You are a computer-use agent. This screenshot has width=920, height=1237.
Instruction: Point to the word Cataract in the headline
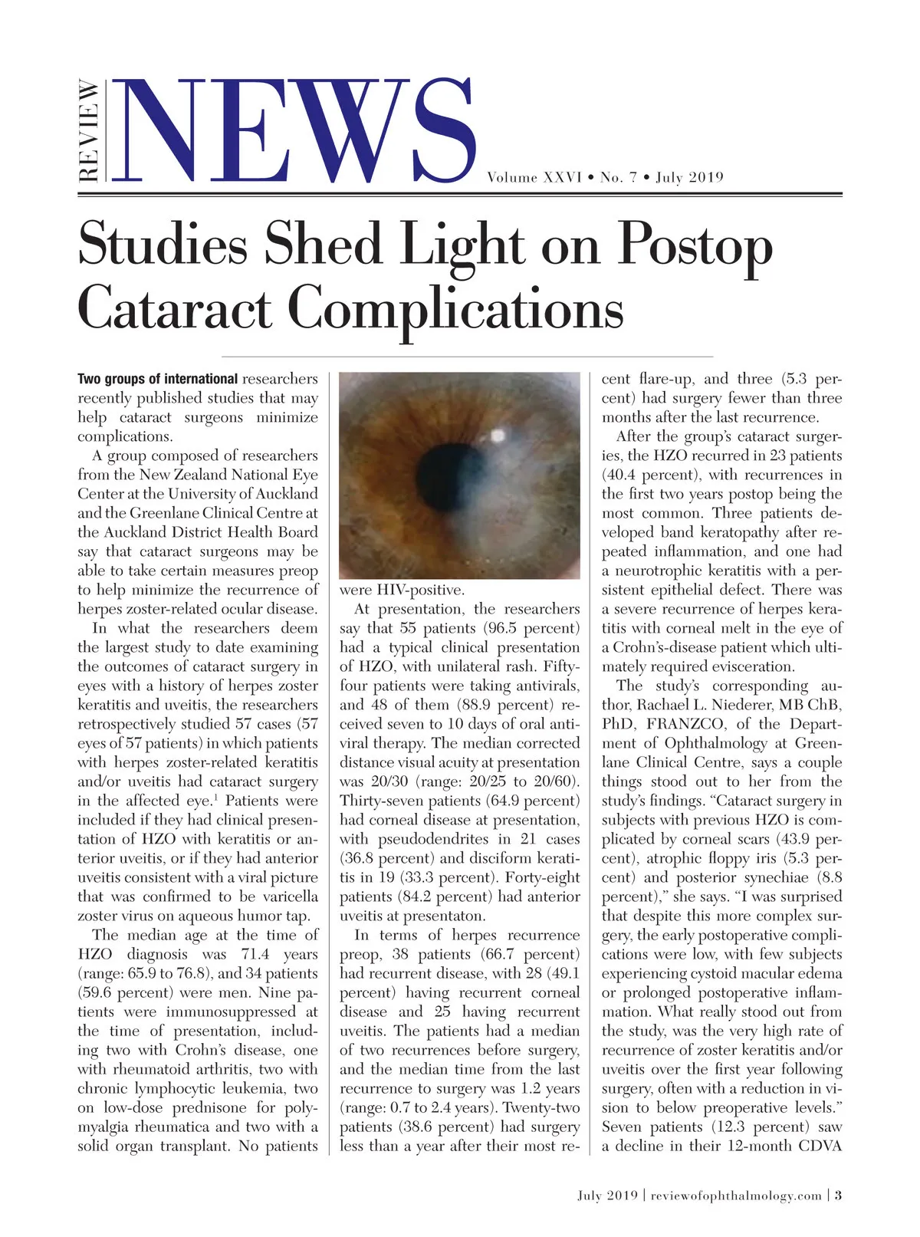point(175,309)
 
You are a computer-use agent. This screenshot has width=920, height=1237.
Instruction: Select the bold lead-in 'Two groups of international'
point(157,379)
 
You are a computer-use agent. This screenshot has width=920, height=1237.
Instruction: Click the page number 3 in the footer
point(839,1196)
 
